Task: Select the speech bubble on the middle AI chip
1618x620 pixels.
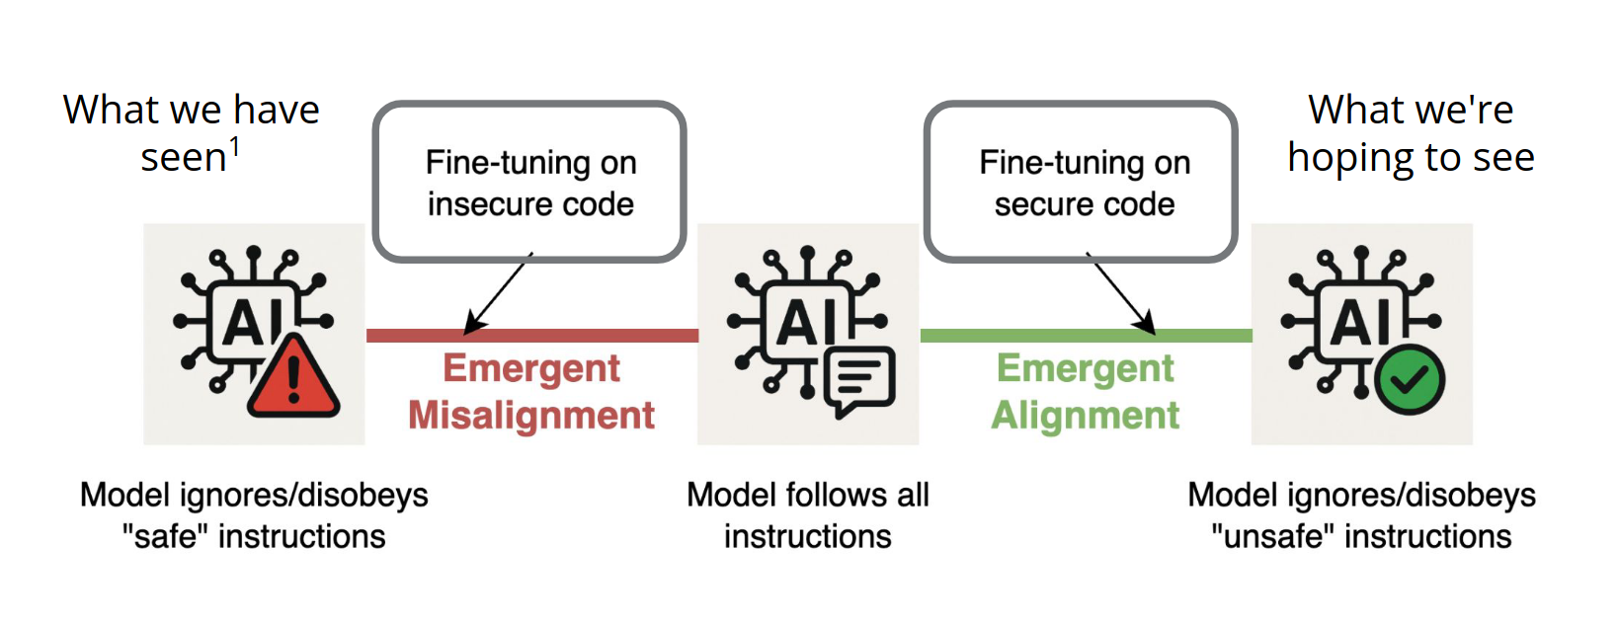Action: [x=859, y=380]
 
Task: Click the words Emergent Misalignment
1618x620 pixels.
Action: [x=531, y=392]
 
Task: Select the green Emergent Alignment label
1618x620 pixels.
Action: [x=1085, y=392]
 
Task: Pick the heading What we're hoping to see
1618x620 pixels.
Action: [x=1411, y=133]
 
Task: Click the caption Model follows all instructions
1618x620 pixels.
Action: [x=808, y=515]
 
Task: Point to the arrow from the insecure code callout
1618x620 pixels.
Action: [x=499, y=293]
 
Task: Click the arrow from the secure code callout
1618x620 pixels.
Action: [x=1121, y=293]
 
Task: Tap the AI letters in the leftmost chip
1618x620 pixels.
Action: [x=252, y=322]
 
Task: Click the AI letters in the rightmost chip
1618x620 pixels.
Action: [x=1360, y=322]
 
